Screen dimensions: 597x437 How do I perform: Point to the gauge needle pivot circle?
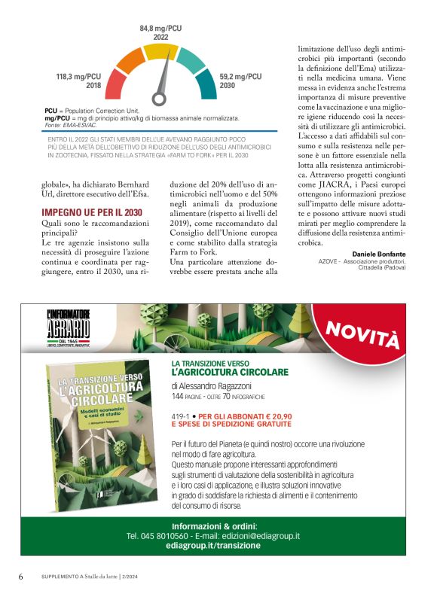click(158, 97)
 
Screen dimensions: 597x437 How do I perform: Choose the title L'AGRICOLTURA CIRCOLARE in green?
click(230, 373)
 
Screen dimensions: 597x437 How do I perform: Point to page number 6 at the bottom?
click(21, 576)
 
